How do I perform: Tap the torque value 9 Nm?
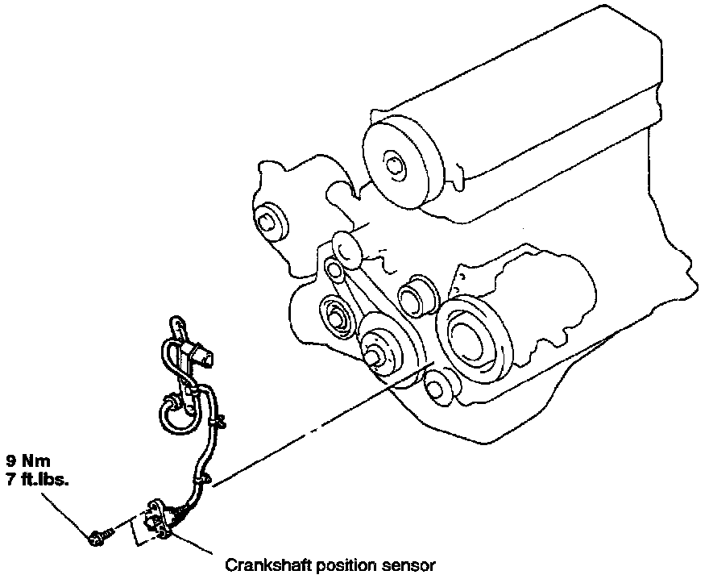pos(29,462)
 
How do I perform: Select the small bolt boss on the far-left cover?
pos(268,220)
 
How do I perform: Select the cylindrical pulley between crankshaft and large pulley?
pos(417,295)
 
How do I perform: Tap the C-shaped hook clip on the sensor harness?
pos(172,411)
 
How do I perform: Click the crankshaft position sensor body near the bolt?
pos(161,516)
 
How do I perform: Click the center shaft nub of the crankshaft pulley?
pos(372,356)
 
